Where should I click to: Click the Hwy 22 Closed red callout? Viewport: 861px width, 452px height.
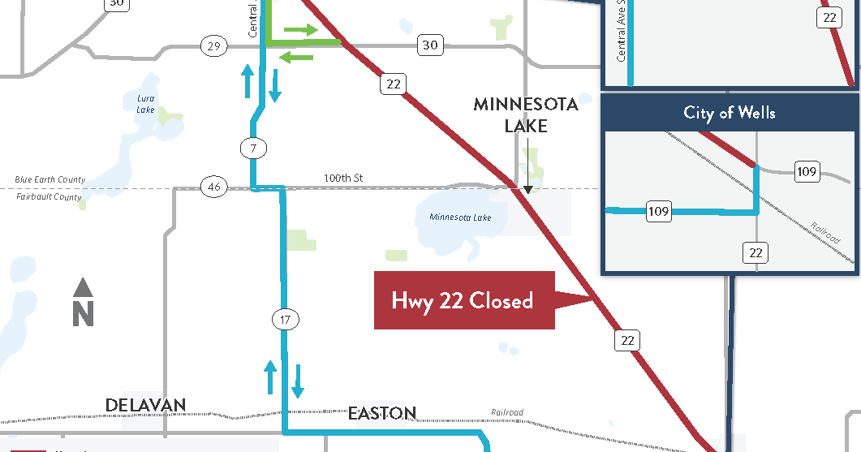[463, 300]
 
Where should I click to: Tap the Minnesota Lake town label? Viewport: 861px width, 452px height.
[526, 114]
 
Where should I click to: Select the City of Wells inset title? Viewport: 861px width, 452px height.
[729, 113]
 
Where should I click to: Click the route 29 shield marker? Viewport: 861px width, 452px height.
[213, 46]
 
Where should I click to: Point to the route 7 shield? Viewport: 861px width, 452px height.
[253, 149]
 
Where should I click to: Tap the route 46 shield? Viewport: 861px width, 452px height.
[213, 187]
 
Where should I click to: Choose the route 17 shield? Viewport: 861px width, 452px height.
[284, 319]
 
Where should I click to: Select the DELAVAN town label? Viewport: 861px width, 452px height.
[145, 405]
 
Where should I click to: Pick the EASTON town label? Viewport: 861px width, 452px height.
[382, 413]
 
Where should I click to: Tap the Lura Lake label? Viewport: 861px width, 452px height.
[145, 104]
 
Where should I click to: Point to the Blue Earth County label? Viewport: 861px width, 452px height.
[50, 180]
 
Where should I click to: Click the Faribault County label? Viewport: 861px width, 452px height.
[50, 197]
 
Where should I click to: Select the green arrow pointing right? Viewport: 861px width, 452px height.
[300, 30]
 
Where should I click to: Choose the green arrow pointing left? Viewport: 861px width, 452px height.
[295, 56]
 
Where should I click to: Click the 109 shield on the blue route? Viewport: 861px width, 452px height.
[659, 213]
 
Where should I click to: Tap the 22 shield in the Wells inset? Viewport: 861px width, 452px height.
[756, 253]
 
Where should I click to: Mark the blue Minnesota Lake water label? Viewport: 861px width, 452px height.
[460, 217]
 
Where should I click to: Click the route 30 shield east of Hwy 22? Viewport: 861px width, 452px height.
[430, 45]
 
